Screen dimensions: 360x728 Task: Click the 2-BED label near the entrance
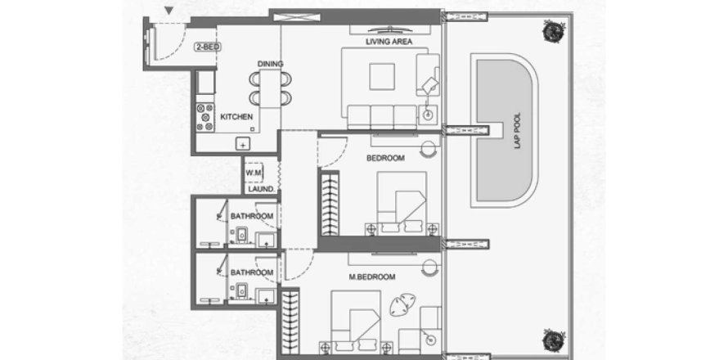[206, 47]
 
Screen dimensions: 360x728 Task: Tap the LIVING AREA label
[388, 42]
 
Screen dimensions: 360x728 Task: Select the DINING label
[269, 64]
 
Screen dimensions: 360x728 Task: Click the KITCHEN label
[236, 118]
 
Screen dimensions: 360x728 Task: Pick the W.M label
[254, 173]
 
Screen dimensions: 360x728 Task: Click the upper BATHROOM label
[251, 216]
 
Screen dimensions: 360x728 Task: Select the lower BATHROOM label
[251, 272]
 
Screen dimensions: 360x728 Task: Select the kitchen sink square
[242, 143]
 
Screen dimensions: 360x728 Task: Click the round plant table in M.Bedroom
[402, 304]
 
